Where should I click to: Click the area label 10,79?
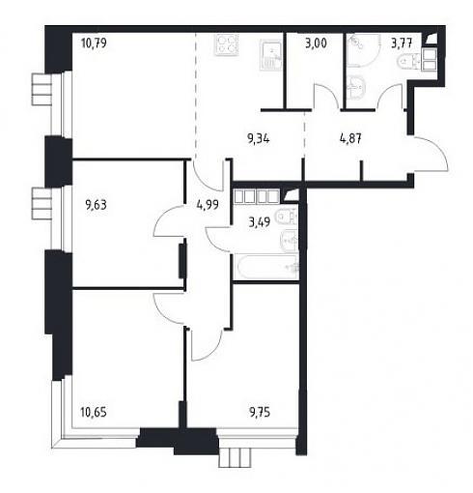click(x=94, y=43)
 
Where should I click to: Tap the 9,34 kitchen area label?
click(x=259, y=139)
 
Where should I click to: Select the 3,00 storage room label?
click(x=316, y=43)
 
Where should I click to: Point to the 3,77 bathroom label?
click(x=402, y=43)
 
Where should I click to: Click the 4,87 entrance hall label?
click(x=350, y=139)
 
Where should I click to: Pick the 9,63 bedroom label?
click(x=96, y=205)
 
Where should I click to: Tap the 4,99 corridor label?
click(x=208, y=205)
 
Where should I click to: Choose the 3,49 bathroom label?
click(x=260, y=222)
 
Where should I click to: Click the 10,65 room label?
click(x=94, y=412)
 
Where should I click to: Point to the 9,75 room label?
click(x=260, y=412)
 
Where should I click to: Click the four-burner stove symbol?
click(x=227, y=44)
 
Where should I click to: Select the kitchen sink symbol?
click(x=271, y=55)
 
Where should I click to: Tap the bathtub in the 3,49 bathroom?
click(x=265, y=267)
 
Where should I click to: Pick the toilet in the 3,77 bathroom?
click(x=406, y=62)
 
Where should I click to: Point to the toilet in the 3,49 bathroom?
click(x=286, y=217)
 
